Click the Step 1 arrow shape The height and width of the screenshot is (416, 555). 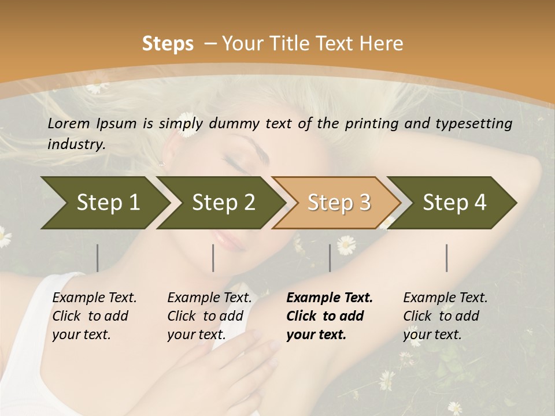(x=104, y=203)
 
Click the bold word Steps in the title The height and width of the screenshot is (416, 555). (x=168, y=43)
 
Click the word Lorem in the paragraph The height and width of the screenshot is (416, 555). (x=68, y=123)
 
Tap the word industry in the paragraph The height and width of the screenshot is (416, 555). (x=76, y=144)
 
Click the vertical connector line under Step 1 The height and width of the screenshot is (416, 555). (x=98, y=258)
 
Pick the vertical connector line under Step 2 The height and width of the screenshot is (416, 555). (x=213, y=258)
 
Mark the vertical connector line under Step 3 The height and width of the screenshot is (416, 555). (x=330, y=258)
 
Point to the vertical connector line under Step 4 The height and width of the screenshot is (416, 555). (x=447, y=258)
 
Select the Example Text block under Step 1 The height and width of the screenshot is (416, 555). (x=94, y=316)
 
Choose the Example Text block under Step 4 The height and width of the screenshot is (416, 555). (x=445, y=316)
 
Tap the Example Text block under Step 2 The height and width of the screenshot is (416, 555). (x=209, y=316)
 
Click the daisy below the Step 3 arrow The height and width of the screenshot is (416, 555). (x=346, y=245)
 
